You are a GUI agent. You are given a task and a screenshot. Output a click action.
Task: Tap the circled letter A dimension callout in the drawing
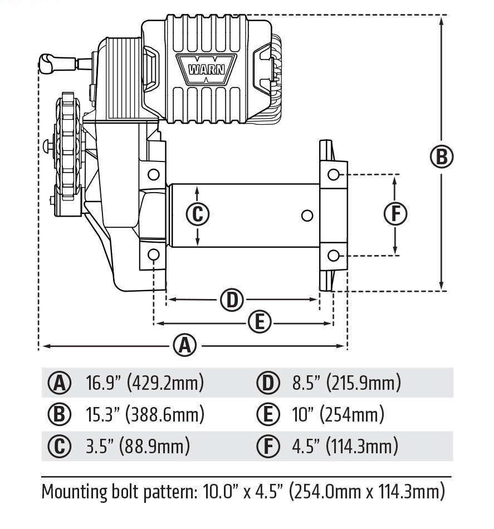[185, 346]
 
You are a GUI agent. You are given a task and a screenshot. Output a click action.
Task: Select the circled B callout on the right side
[441, 156]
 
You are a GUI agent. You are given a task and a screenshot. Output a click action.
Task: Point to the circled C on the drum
[197, 214]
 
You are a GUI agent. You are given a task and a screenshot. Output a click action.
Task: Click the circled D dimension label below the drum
[232, 300]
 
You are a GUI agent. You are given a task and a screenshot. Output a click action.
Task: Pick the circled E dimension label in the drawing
[259, 322]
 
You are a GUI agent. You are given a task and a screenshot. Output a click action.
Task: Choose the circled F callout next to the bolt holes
[395, 214]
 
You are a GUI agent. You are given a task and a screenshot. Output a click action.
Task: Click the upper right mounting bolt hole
[333, 174]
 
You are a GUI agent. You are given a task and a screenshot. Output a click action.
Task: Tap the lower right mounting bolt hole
[333, 255]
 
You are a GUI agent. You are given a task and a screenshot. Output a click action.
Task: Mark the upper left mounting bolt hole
[154, 174]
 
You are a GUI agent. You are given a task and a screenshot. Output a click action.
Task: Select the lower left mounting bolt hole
[154, 255]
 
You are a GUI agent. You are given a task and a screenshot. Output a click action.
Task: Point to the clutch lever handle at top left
[50, 62]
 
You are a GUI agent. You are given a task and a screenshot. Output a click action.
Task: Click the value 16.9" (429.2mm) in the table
[144, 383]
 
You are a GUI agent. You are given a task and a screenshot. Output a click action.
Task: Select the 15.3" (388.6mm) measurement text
[144, 415]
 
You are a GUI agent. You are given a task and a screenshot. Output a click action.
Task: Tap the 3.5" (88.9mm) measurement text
[138, 446]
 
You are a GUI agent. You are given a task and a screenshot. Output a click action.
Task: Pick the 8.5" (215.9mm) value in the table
[346, 383]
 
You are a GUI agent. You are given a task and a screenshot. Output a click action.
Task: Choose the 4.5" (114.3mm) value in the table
[345, 446]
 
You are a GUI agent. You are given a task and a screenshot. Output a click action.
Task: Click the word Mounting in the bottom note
[77, 492]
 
